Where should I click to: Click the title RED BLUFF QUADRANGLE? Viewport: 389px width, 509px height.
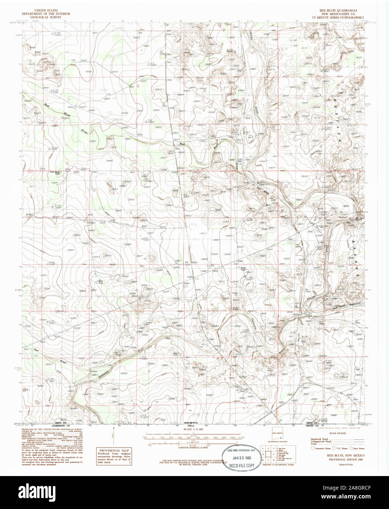click(x=338, y=11)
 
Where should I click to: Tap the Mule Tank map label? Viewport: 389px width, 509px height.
click(x=101, y=281)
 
